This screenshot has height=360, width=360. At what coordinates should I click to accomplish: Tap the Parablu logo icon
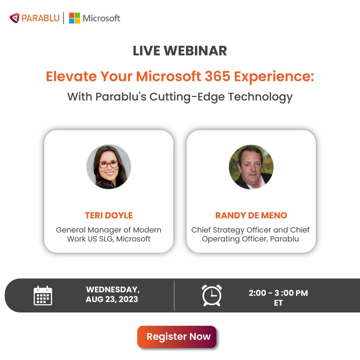click(x=14, y=18)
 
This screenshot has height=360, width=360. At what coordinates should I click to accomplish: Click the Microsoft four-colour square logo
click(x=75, y=18)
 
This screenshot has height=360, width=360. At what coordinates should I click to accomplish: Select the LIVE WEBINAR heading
click(x=180, y=51)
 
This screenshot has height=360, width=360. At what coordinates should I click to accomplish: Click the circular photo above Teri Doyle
click(x=109, y=167)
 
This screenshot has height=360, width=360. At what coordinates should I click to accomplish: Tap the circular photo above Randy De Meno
click(x=251, y=167)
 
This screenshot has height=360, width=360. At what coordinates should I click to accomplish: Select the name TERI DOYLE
click(x=109, y=215)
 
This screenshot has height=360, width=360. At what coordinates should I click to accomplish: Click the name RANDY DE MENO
click(x=251, y=215)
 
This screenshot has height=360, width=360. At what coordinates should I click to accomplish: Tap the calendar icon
click(x=43, y=295)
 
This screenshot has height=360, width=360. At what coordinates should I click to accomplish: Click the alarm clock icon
click(x=212, y=295)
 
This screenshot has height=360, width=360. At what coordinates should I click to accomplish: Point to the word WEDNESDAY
click(x=112, y=290)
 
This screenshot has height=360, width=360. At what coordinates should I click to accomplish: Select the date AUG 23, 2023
click(x=112, y=300)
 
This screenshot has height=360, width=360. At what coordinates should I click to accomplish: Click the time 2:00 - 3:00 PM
click(x=278, y=293)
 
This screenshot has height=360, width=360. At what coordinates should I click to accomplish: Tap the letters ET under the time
click(x=278, y=303)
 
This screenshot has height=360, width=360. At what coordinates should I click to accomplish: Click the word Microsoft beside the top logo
click(x=101, y=18)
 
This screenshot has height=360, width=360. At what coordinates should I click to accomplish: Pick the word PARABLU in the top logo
click(x=40, y=18)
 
